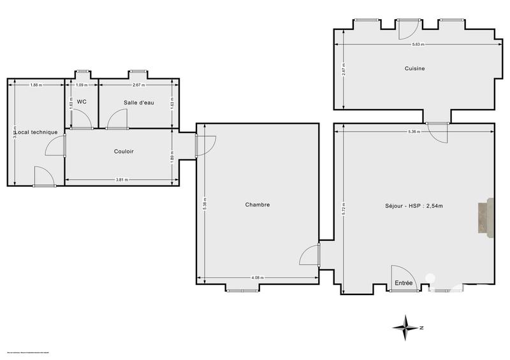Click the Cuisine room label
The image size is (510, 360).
point(414,68)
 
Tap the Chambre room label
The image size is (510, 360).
point(258,205)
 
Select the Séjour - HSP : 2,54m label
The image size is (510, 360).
point(414,205)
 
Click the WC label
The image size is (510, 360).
point(82,101)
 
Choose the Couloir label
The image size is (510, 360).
point(124,151)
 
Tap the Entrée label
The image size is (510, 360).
point(404,283)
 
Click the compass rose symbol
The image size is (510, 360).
point(405,327)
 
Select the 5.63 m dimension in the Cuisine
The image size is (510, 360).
point(418,45)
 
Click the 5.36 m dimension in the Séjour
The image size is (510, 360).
point(414,132)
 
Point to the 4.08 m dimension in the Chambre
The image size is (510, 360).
point(258,278)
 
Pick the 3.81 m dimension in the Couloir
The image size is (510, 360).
point(121,180)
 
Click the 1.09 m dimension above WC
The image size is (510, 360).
point(82,85)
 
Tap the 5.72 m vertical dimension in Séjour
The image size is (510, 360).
point(344,205)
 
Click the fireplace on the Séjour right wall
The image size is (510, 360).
point(486,217)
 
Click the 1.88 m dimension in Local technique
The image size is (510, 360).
point(36,85)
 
